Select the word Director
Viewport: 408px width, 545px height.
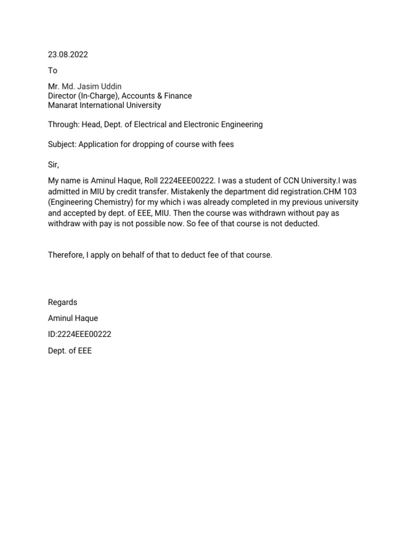(62, 96)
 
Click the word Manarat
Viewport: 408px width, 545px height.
(63, 105)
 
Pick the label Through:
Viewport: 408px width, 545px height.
(64, 125)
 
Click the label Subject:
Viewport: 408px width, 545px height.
(62, 144)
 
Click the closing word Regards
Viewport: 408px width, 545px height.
(63, 302)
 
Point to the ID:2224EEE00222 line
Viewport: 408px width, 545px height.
(80, 335)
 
